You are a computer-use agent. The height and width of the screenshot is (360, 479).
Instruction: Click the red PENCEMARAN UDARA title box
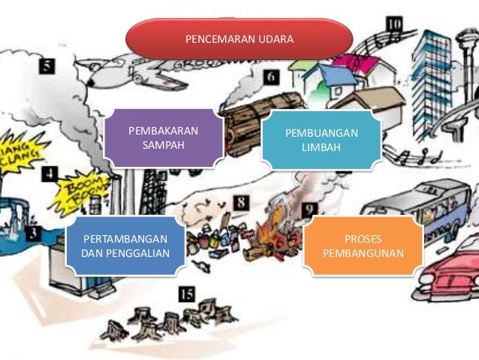tap(239, 38)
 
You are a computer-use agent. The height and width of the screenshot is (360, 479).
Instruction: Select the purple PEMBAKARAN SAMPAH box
tap(163, 138)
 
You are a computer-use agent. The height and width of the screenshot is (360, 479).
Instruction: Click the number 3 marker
tap(32, 234)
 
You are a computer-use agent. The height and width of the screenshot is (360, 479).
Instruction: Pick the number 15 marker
tap(187, 295)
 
